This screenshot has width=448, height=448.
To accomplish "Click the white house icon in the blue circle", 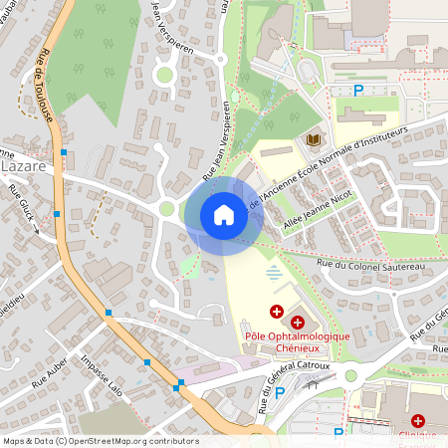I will [223, 215].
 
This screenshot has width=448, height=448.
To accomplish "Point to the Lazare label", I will [23, 167].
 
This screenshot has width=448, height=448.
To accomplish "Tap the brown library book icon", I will [314, 140].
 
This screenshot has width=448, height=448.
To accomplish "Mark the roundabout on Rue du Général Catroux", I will [349, 376].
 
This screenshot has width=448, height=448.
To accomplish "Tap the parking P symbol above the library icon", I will [359, 92].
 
